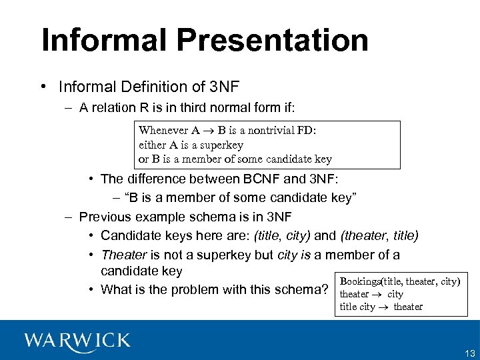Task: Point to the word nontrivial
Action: pyautogui.click(x=269, y=131)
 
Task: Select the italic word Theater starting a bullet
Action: pyautogui.click(x=123, y=255)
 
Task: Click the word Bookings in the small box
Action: pyautogui.click(x=360, y=281)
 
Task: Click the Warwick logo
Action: pyautogui.click(x=77, y=341)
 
